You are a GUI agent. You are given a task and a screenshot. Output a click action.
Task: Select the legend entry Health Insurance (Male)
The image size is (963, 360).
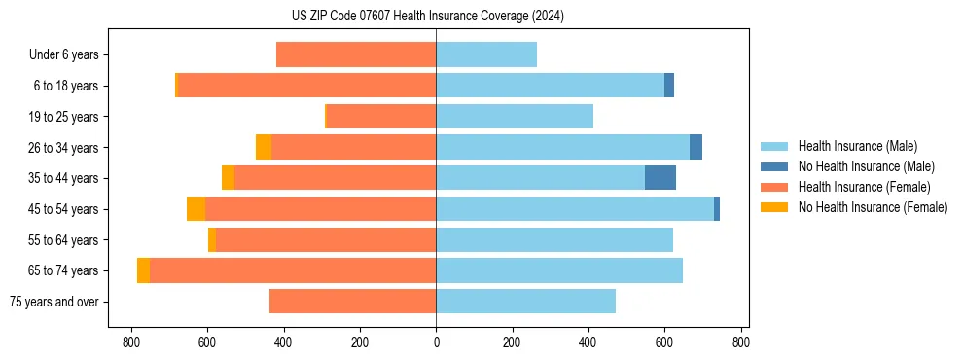(856, 146)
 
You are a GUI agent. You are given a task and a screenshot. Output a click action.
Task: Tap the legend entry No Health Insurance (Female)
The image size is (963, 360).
(873, 207)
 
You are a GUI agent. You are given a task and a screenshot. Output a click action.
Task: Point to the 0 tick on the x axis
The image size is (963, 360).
(436, 342)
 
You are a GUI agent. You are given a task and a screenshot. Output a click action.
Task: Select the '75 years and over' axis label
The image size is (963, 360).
(54, 302)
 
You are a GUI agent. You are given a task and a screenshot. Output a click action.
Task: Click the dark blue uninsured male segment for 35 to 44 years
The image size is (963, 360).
(660, 178)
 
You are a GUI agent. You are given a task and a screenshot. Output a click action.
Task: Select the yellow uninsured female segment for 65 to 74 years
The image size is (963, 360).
(143, 270)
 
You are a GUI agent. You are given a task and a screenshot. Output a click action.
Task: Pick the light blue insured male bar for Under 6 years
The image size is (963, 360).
(486, 55)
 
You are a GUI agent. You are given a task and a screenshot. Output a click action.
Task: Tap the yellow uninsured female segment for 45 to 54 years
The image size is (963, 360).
(196, 209)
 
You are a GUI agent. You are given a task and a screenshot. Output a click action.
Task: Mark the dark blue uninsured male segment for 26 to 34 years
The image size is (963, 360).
(695, 148)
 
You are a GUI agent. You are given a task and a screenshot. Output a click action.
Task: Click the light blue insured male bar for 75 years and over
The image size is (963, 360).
(525, 302)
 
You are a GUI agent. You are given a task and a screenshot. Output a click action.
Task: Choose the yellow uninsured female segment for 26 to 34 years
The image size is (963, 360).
(264, 148)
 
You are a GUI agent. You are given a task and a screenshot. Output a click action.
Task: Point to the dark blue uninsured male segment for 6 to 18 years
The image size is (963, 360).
(669, 86)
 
